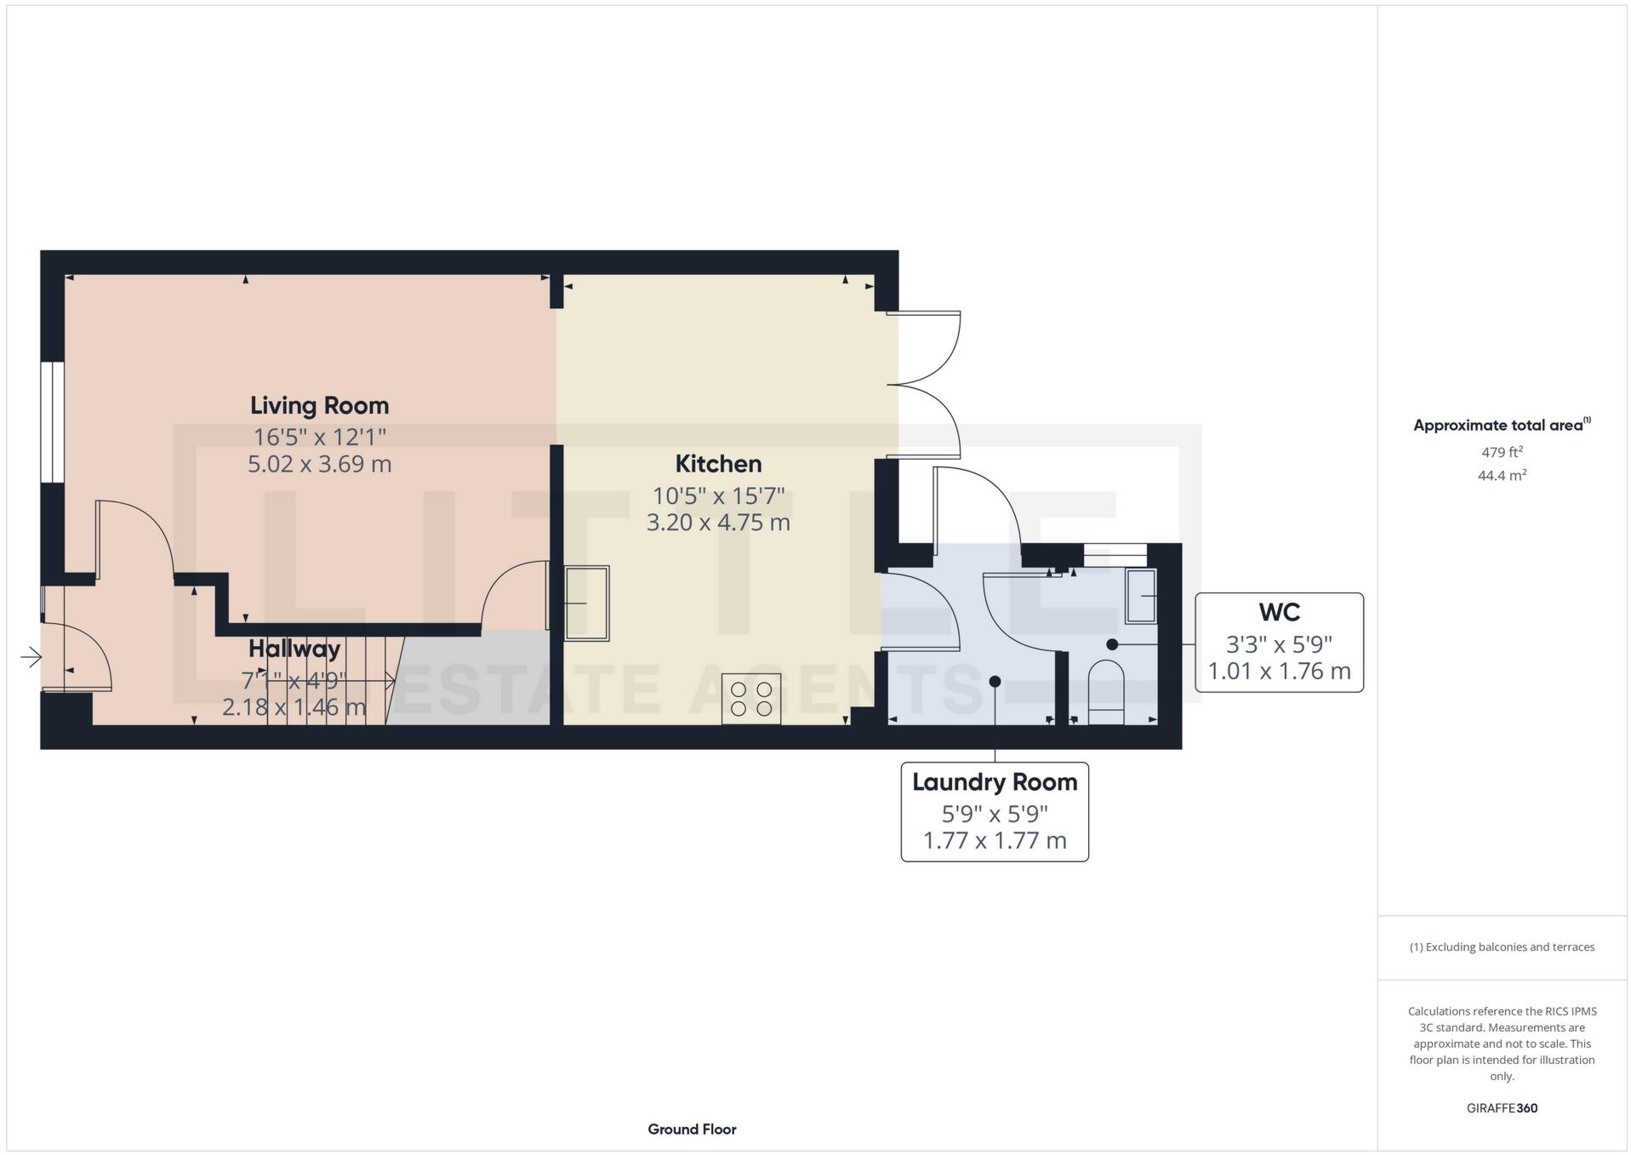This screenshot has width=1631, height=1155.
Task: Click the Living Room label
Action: [319, 405]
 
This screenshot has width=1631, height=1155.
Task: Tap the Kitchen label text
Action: [718, 464]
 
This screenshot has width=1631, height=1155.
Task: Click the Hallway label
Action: [294, 649]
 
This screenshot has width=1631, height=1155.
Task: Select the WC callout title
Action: [1279, 612]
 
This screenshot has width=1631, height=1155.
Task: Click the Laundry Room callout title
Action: [995, 782]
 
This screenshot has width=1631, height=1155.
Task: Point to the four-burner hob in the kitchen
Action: [751, 699]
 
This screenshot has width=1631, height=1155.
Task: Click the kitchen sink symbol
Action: [587, 603]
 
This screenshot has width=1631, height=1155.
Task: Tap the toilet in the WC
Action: [1106, 691]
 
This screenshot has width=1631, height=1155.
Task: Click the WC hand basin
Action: [1140, 596]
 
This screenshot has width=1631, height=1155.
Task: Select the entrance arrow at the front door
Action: [31, 657]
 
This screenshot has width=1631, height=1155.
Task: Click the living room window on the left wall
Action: [53, 422]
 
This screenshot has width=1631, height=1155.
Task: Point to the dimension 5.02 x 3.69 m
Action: [319, 464]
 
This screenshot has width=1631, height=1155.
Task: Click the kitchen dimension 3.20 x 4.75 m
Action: [718, 522]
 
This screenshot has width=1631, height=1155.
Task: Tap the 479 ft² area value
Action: [1502, 452]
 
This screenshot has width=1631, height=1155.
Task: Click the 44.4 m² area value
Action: [1502, 476]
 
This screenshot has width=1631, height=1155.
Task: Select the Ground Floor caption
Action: [692, 1129]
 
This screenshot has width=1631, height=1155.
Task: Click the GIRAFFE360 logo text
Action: [1502, 1108]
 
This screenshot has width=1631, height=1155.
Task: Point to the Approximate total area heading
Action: [1499, 426]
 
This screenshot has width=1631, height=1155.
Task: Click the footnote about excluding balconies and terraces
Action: [1502, 947]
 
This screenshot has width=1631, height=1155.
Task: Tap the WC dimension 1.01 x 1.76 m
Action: [1279, 672]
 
